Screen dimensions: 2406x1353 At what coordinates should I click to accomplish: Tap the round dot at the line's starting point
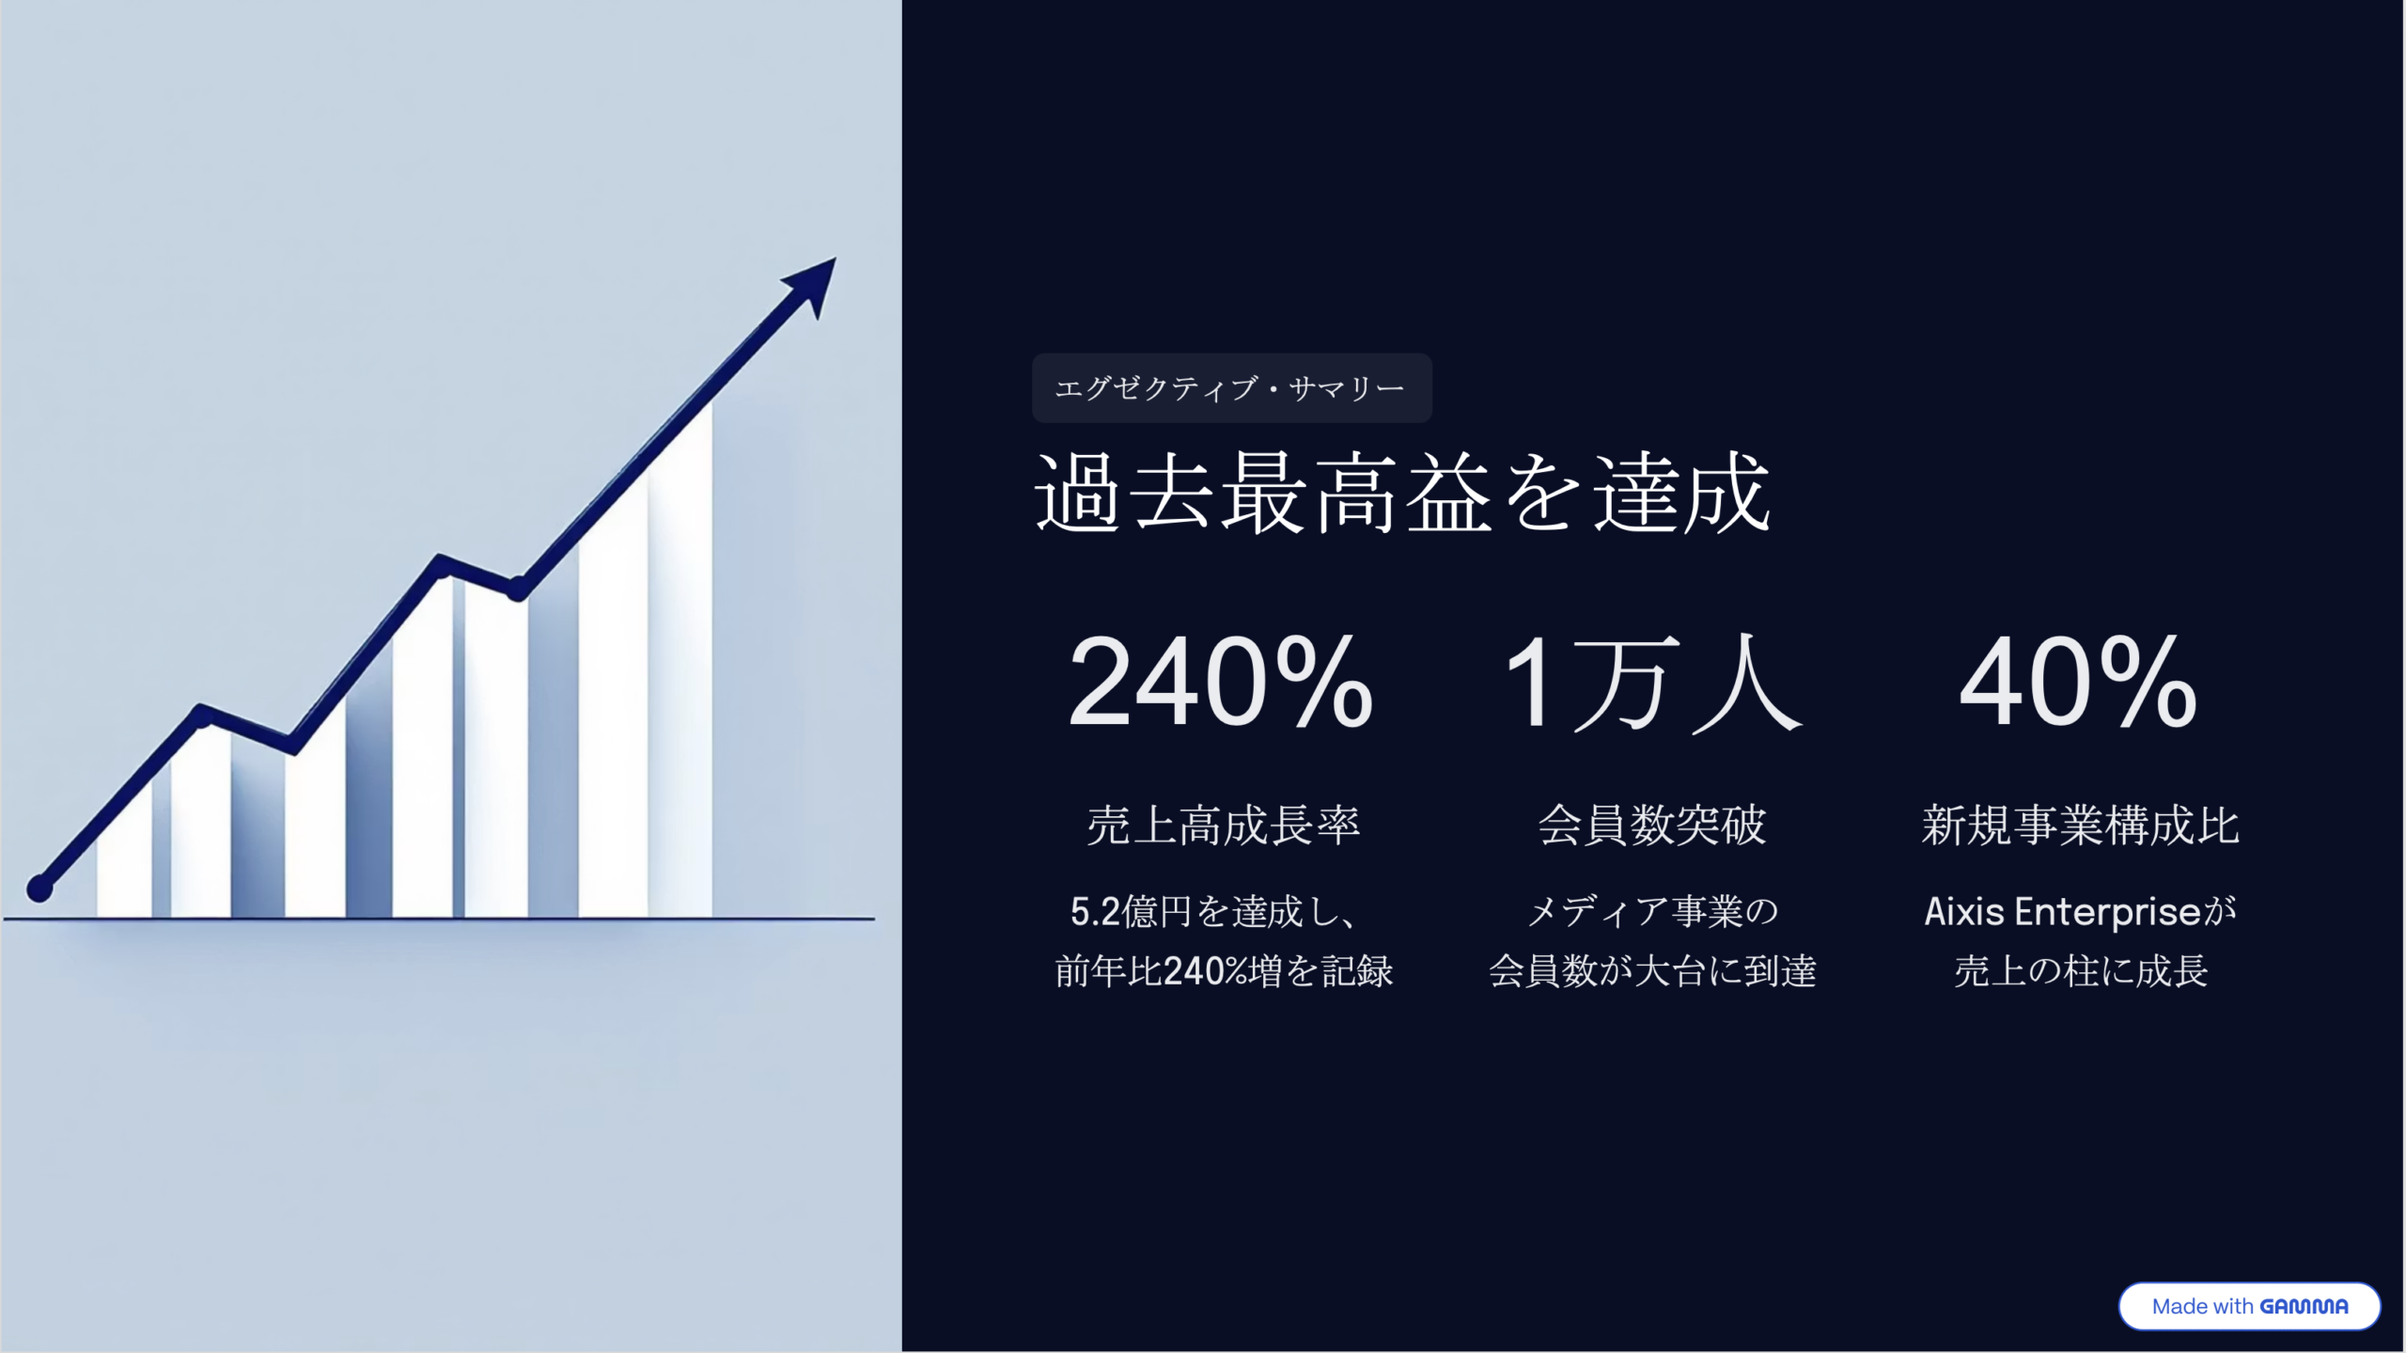pyautogui.click(x=39, y=888)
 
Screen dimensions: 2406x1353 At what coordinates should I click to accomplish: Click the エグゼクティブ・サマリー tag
pyautogui.click(x=1231, y=387)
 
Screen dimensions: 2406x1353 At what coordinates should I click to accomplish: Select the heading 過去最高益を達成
pyautogui.click(x=1402, y=493)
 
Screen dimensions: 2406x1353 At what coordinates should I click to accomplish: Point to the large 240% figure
pyautogui.click(x=1221, y=683)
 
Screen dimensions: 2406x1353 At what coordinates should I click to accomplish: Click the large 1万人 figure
pyautogui.click(x=1652, y=683)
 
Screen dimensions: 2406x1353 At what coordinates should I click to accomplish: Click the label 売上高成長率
pyautogui.click(x=1223, y=826)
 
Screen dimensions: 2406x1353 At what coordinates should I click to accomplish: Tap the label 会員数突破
pyautogui.click(x=1652, y=826)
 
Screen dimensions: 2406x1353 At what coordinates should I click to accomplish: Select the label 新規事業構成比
pyautogui.click(x=2080, y=826)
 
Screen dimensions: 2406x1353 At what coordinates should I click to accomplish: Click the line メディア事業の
pyautogui.click(x=1652, y=912)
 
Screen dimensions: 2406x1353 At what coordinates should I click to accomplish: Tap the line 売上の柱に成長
pyautogui.click(x=2080, y=971)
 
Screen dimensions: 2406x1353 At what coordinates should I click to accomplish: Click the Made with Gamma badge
pyautogui.click(x=2249, y=1306)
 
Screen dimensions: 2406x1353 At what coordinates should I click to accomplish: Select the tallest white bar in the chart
pyautogui.click(x=680, y=658)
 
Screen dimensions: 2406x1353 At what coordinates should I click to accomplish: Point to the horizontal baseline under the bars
pyautogui.click(x=439, y=919)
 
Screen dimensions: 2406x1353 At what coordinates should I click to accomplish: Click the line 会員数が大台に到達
pyautogui.click(x=1652, y=971)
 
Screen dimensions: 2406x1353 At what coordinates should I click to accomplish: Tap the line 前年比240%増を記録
pyautogui.click(x=1223, y=971)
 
